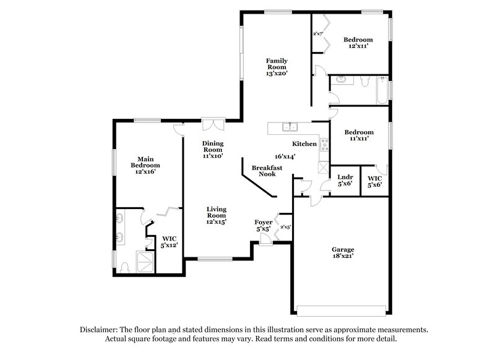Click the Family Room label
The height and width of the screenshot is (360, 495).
[277, 64]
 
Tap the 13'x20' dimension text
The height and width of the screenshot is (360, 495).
[277, 73]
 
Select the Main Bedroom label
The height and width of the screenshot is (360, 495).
[145, 162]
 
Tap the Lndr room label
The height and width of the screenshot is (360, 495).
[343, 177]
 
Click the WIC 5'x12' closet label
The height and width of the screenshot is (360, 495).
[169, 241]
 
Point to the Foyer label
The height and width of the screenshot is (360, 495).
[264, 221]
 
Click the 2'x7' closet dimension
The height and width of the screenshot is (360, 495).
[318, 34]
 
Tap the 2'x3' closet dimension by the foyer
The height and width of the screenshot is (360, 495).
[285, 227]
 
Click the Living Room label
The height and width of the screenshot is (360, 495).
[217, 213]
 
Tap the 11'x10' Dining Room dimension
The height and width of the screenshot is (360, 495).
[213, 156]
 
